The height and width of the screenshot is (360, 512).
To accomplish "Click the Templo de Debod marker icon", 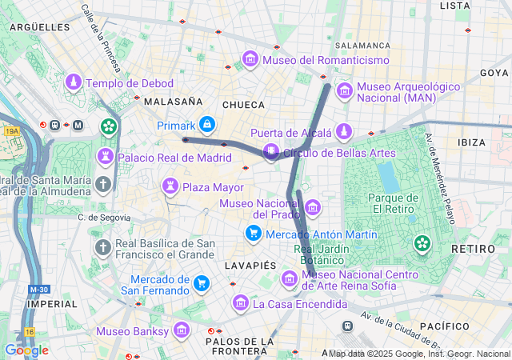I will [74, 82].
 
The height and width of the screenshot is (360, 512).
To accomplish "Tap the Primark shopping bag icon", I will [207, 125].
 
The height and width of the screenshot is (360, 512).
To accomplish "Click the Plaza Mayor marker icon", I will [170, 187].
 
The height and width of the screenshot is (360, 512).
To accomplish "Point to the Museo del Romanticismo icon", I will [250, 60].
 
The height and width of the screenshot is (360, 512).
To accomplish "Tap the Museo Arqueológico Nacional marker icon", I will [345, 91].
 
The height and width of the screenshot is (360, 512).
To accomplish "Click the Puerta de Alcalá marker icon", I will [344, 131].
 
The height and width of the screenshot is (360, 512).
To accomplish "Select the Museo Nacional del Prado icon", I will [313, 208].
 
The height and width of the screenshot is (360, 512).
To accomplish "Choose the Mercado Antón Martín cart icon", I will [253, 233].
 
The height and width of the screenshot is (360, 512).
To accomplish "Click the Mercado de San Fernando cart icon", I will [202, 283].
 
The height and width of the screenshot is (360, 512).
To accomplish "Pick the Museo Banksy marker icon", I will [181, 330].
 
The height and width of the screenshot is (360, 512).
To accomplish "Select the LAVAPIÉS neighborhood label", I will [249, 264].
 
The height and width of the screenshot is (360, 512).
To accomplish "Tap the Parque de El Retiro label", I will [393, 204].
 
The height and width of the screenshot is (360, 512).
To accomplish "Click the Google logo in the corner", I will [26, 350].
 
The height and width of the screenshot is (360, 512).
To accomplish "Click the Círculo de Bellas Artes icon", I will [272, 151].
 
